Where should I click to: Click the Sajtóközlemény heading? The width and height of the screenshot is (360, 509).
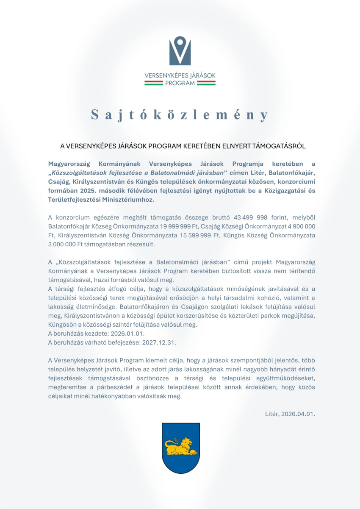pyautogui.click(x=180, y=115)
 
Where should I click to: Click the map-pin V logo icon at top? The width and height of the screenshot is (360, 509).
pyautogui.click(x=180, y=51)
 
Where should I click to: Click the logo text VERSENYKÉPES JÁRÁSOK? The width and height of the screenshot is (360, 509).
pyautogui.click(x=180, y=75)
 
